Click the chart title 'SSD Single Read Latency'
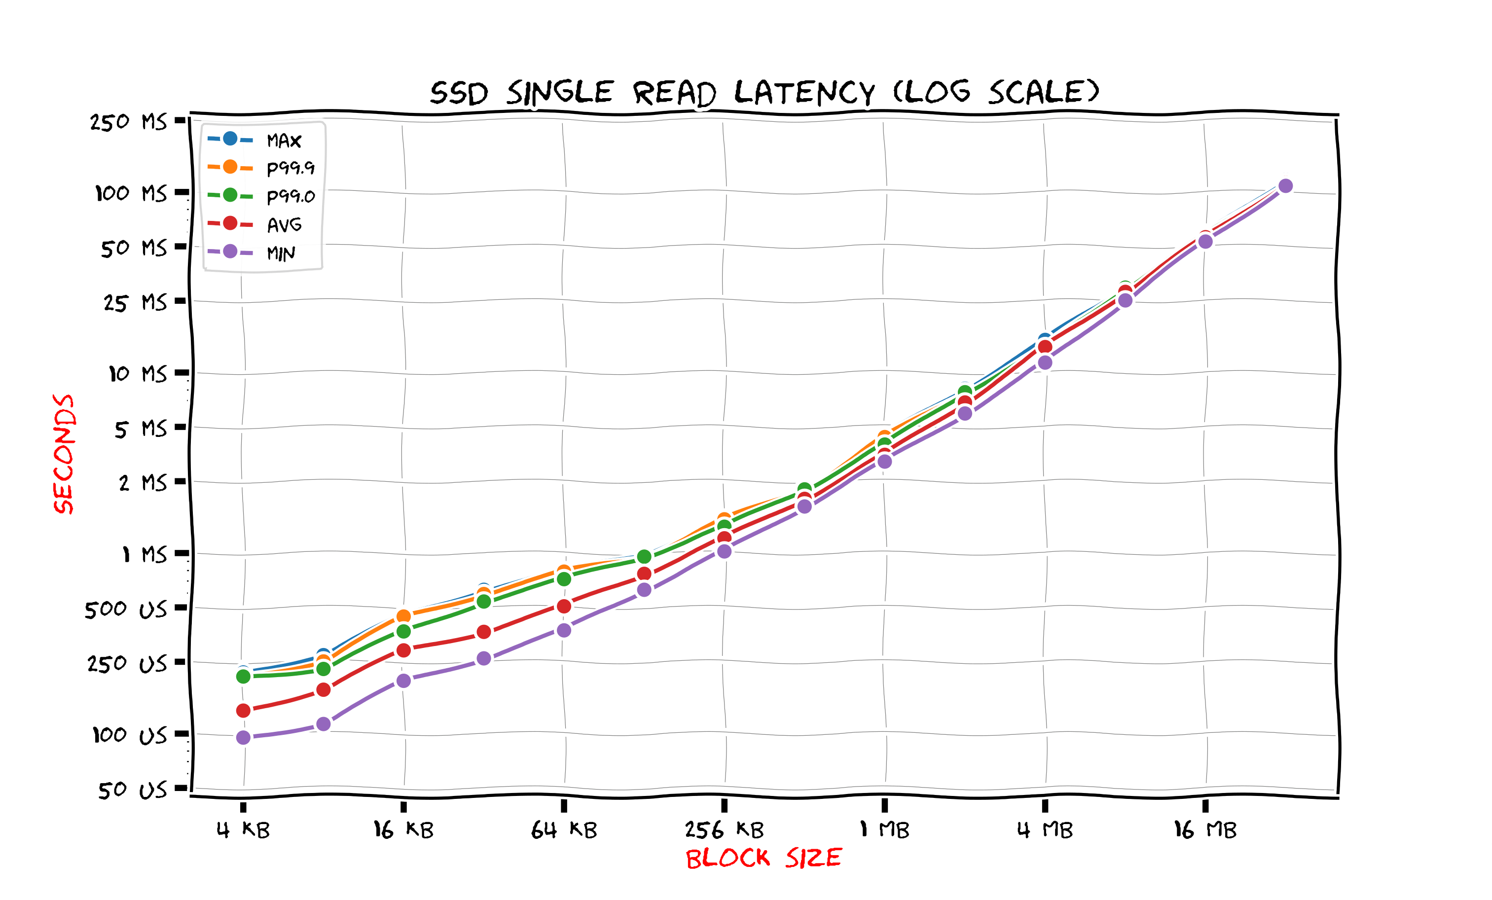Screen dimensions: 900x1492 coord(764,93)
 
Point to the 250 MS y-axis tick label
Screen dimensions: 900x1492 coord(128,122)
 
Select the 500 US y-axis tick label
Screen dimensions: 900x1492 coord(126,609)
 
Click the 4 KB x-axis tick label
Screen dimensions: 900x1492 coord(243,830)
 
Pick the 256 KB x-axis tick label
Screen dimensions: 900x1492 coord(724,830)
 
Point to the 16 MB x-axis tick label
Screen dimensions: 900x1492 coord(1205,830)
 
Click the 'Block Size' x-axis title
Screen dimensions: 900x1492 coord(764,858)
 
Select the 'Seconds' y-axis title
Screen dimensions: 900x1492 coord(64,454)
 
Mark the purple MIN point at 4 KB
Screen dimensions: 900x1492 coord(244,737)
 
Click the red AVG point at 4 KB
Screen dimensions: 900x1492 coord(244,710)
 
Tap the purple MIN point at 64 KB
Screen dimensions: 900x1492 coord(564,630)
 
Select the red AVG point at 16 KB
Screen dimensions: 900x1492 coord(403,650)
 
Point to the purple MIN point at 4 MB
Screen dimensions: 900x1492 coord(1045,362)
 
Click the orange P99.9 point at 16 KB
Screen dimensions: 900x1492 coord(403,616)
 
